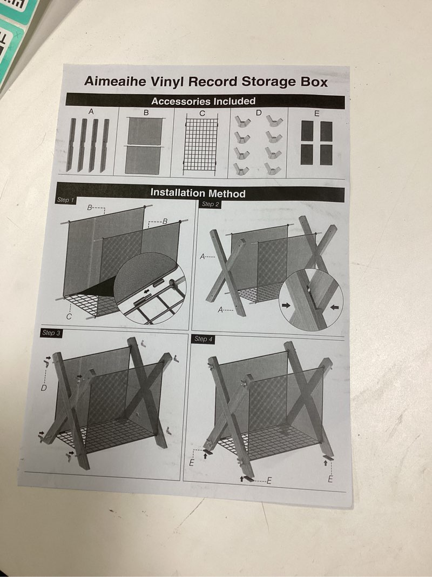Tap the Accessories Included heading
[x=203, y=101]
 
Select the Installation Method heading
[x=198, y=193]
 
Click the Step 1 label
[x=65, y=200]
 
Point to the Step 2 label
[x=210, y=204]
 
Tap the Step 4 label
[x=204, y=339]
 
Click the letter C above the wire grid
[x=202, y=114]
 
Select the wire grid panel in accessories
[x=200, y=144]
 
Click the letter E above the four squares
[x=316, y=114]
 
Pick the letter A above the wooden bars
[x=91, y=111]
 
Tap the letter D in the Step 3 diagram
[x=44, y=388]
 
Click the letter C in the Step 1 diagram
[x=69, y=316]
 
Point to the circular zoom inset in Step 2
[x=311, y=300]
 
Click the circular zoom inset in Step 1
[x=150, y=288]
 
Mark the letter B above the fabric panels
[x=146, y=112]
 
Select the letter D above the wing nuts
[x=259, y=113]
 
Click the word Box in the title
[x=314, y=82]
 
